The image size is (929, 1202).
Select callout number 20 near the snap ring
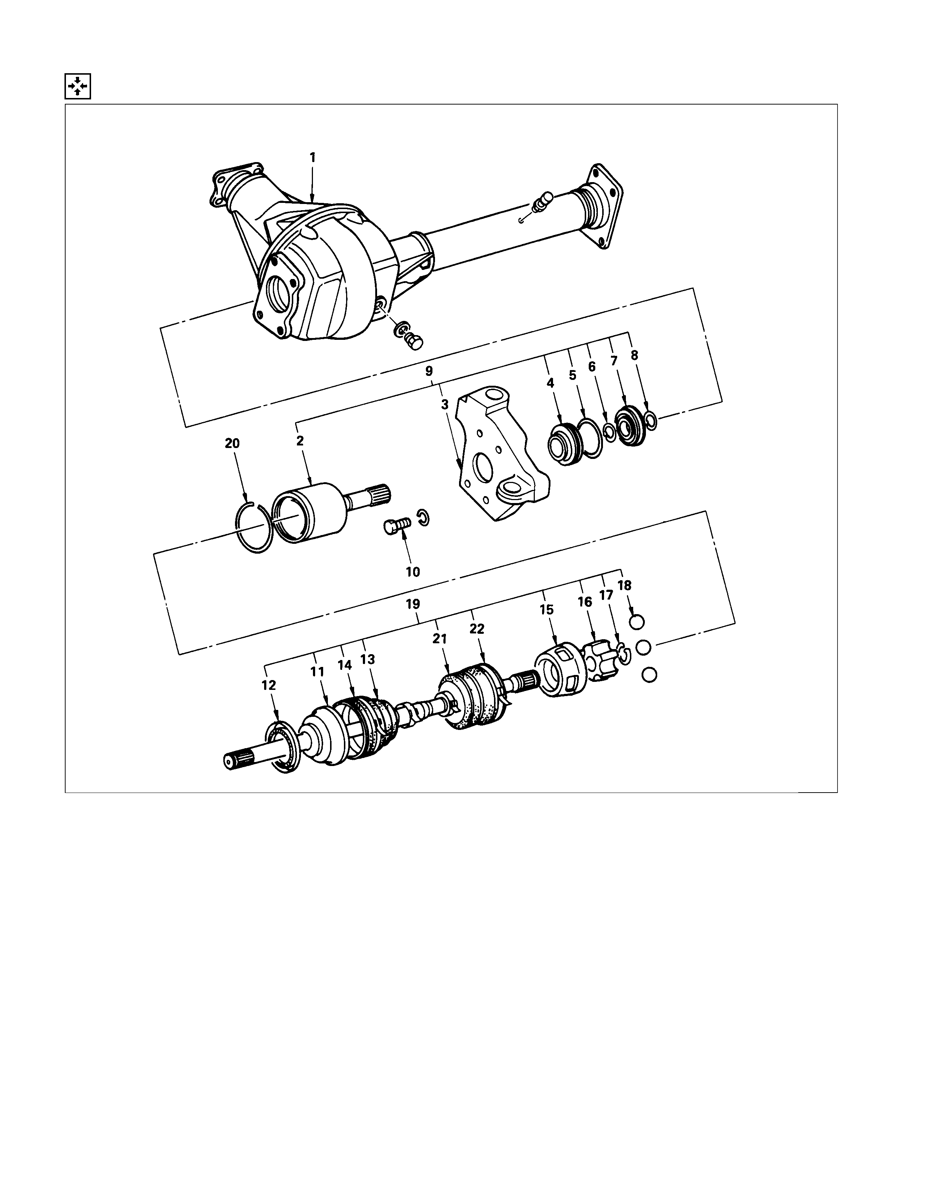[x=232, y=443]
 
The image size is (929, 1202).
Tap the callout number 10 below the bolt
[x=413, y=572]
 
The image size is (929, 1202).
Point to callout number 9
[x=429, y=370]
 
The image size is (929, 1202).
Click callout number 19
[x=413, y=604]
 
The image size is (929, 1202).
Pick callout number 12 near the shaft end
[x=268, y=685]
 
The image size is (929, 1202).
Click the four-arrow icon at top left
[x=78, y=86]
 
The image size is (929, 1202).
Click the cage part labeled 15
[x=559, y=671]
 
